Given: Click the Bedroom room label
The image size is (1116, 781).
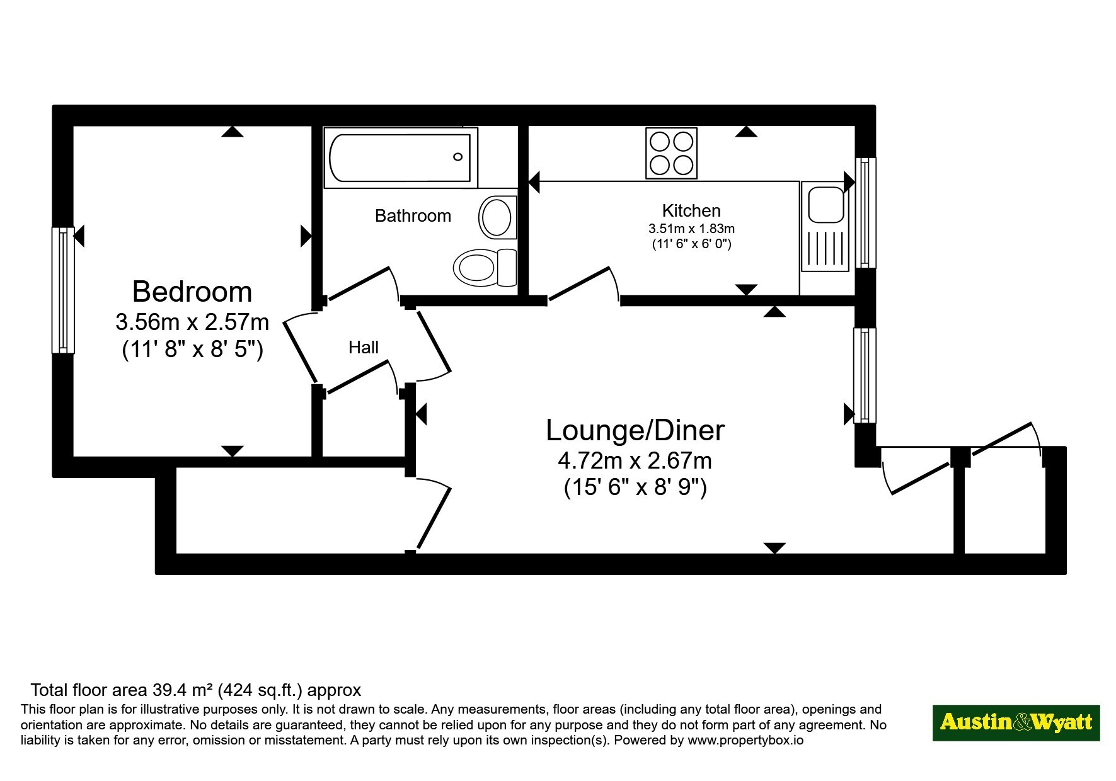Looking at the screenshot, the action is [192, 292].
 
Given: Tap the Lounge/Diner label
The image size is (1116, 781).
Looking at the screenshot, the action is [635, 431].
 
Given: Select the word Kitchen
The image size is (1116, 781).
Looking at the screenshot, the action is [691, 210].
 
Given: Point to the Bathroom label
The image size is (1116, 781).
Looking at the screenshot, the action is [413, 216].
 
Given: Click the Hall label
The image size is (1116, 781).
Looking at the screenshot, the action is [364, 347].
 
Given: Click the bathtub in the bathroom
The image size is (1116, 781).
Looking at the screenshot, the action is [401, 157].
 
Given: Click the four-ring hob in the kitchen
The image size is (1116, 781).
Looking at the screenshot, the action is [671, 153].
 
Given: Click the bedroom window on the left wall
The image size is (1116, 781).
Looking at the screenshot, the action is [63, 290].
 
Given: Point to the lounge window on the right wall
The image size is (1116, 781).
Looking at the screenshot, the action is [865, 375].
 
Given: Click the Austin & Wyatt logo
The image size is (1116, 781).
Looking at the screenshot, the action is [1016, 722].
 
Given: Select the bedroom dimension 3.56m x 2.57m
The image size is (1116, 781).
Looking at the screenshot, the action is [192, 322].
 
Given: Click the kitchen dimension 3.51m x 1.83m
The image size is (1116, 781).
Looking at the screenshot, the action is [691, 229].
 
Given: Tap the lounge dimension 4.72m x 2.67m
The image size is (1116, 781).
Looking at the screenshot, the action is [635, 461].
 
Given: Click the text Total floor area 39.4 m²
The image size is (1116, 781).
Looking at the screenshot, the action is [122, 690].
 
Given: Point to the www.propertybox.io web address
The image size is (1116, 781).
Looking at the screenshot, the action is [745, 741].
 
